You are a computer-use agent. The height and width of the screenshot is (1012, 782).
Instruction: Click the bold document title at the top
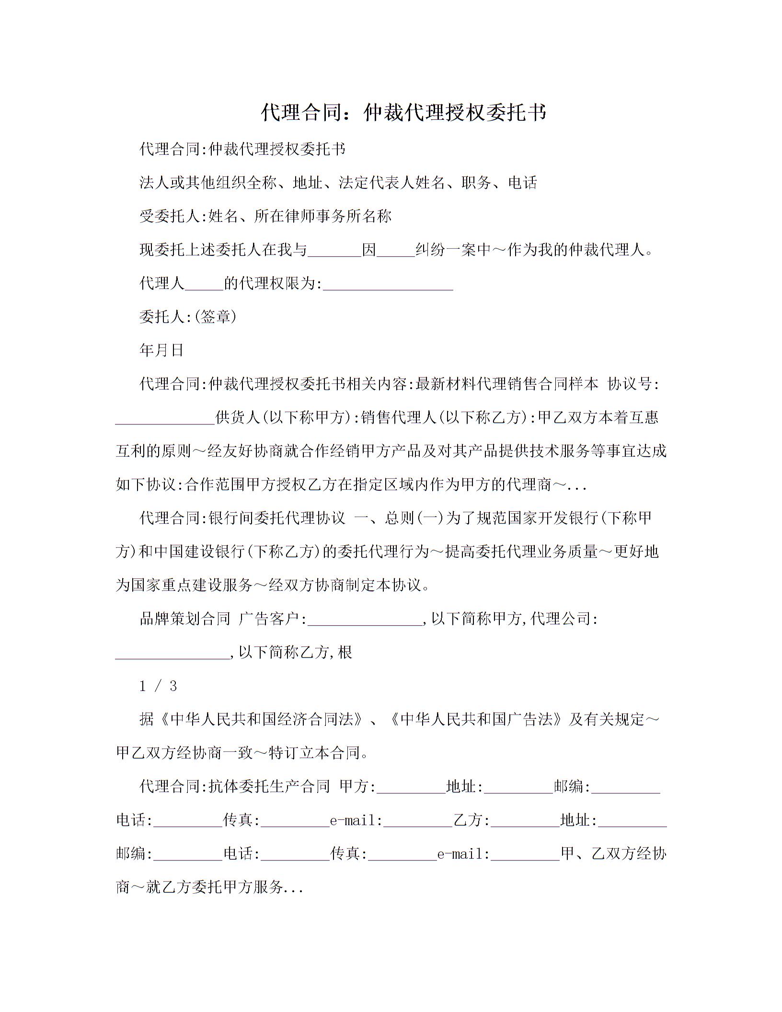pyautogui.click(x=403, y=113)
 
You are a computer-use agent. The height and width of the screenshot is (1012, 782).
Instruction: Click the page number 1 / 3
pyautogui.click(x=158, y=686)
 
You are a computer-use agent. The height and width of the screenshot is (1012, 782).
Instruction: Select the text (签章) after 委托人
pyautogui.click(x=216, y=317)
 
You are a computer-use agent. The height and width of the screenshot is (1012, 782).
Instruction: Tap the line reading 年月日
pyautogui.click(x=161, y=350)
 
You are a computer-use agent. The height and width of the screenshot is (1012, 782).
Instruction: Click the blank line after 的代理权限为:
pyautogui.click(x=388, y=285)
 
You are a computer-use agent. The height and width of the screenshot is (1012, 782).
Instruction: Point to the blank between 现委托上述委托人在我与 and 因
pyautogui.click(x=334, y=251)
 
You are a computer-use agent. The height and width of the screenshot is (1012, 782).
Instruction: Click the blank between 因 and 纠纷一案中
pyautogui.click(x=396, y=251)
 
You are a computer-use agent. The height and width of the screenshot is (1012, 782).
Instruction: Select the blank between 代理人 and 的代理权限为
pyautogui.click(x=204, y=285)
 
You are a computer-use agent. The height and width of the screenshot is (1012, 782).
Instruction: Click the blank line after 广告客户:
pyautogui.click(x=365, y=620)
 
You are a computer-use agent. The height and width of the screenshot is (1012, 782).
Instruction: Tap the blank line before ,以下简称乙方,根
pyautogui.click(x=172, y=654)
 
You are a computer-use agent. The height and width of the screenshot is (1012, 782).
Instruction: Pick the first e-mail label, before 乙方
pyautogui.click(x=356, y=821)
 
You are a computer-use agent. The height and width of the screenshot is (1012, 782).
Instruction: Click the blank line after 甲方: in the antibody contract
pyautogui.click(x=411, y=788)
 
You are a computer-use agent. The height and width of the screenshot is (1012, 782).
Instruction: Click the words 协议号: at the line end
pyautogui.click(x=633, y=384)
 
